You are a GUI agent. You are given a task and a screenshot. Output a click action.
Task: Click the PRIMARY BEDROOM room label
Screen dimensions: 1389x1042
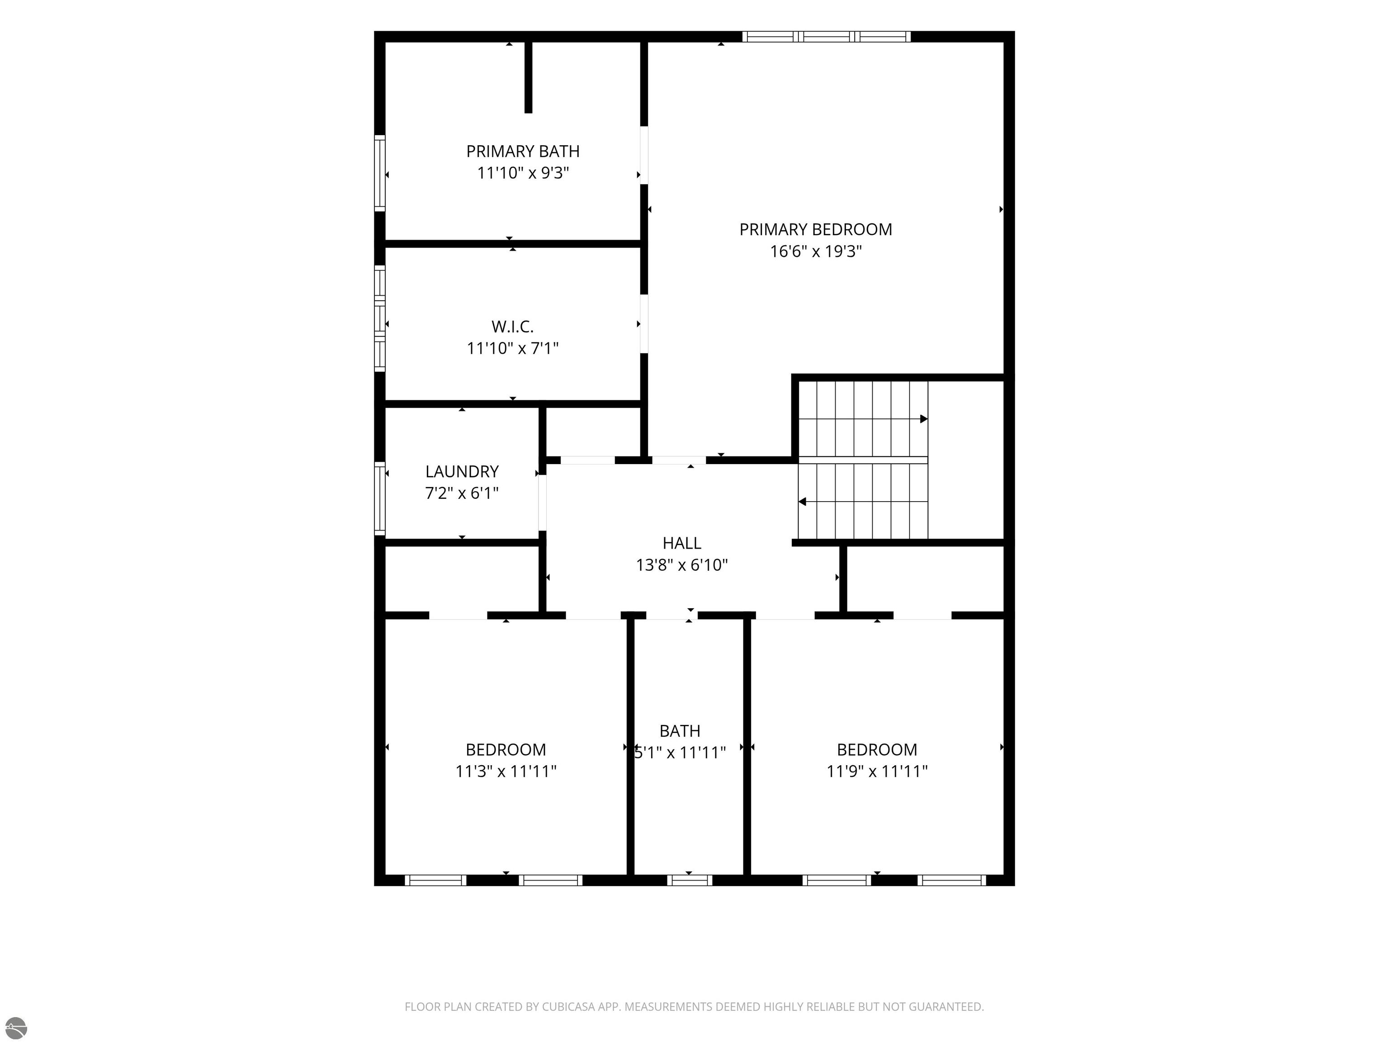(816, 229)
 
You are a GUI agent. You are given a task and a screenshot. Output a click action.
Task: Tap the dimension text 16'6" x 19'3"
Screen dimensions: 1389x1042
(816, 251)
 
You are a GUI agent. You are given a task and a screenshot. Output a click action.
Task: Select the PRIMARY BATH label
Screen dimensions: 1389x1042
(522, 152)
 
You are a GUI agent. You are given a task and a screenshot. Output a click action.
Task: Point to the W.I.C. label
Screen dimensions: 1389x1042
(512, 327)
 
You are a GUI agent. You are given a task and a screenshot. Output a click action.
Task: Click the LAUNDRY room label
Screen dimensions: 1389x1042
(462, 471)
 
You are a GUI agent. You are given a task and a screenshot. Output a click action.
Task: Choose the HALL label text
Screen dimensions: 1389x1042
(682, 543)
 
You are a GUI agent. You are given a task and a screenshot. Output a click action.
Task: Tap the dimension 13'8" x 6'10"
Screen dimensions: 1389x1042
(682, 565)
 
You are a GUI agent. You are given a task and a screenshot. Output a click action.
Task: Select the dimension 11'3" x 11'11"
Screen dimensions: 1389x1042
(506, 771)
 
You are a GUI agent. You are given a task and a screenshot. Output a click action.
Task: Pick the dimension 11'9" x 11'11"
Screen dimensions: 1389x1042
(877, 771)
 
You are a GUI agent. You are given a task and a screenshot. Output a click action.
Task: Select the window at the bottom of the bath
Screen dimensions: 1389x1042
(690, 880)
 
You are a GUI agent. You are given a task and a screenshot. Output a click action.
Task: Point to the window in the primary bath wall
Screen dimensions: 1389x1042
(380, 173)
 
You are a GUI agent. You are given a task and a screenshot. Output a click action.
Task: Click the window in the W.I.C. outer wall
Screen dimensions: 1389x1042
(380, 318)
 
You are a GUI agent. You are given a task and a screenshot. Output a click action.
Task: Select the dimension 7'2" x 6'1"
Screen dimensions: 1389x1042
(462, 493)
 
